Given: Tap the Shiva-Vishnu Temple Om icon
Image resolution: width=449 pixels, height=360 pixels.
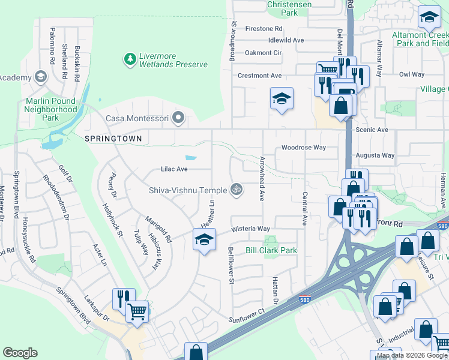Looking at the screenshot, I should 237,190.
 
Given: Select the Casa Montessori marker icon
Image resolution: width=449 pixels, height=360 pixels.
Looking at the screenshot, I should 177,118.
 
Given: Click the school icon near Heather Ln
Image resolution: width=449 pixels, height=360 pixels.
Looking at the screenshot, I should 204,240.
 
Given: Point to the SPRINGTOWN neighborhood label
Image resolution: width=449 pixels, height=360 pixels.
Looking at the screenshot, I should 113,139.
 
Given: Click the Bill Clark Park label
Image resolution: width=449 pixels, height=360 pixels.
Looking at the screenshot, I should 271,250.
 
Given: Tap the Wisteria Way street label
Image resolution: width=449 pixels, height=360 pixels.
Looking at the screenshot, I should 251,229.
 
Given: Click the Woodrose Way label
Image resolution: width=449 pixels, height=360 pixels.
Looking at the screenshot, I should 304,147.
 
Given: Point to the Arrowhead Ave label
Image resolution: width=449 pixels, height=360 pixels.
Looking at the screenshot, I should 262,179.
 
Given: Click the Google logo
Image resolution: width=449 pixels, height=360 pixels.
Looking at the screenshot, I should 20,353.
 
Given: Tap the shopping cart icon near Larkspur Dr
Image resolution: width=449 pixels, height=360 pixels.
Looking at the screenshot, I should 138,311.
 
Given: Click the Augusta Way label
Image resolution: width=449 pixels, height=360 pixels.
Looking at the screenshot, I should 375,155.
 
